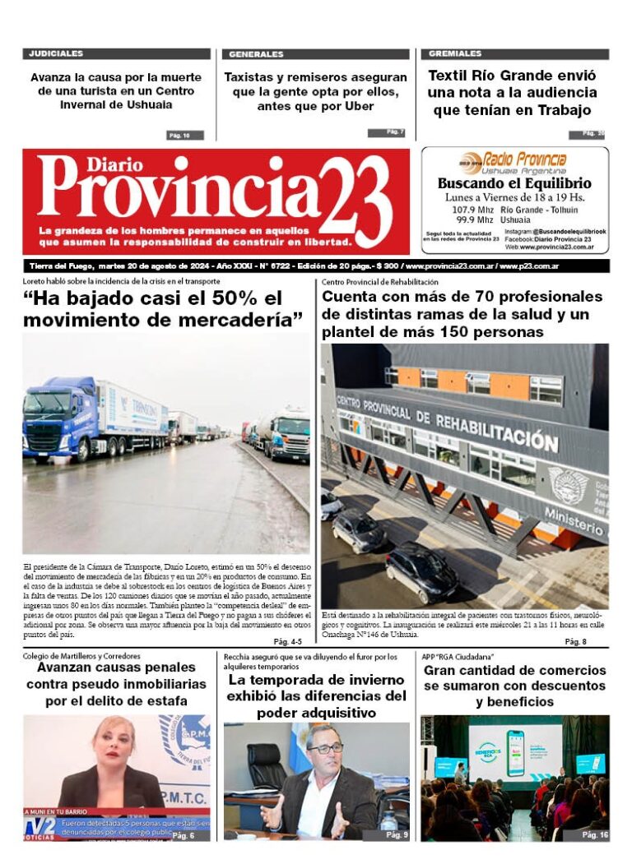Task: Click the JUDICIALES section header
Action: (x=56, y=53)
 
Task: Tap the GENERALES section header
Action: (x=256, y=54)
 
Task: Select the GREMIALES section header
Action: (x=455, y=53)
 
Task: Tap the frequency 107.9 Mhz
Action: (x=471, y=210)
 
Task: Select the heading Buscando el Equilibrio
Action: (x=514, y=184)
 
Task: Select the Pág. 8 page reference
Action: (x=575, y=640)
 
